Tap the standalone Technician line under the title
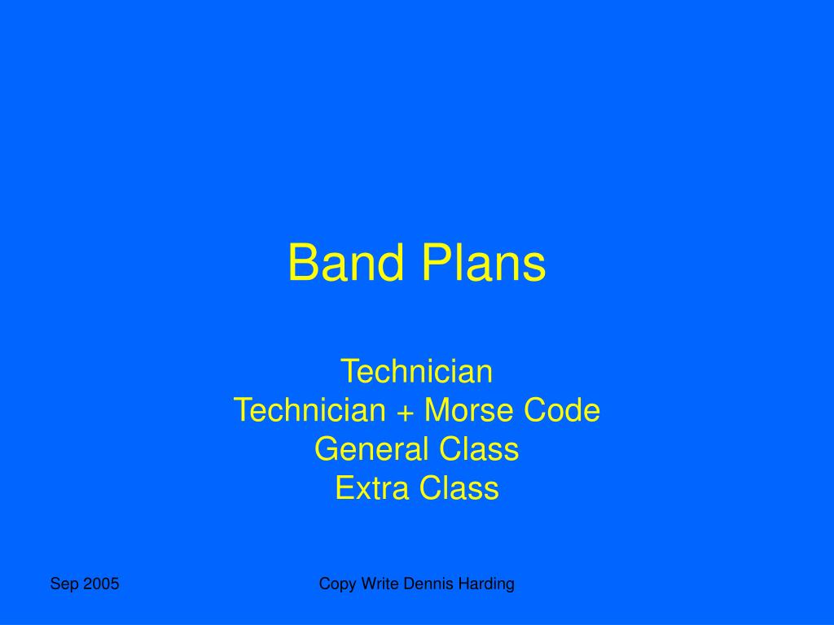click(416, 372)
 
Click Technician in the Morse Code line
click(309, 411)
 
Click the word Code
click(562, 411)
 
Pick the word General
click(372, 449)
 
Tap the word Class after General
click(479, 449)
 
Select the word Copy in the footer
click(334, 584)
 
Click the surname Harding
click(485, 584)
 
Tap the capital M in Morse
click(437, 411)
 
